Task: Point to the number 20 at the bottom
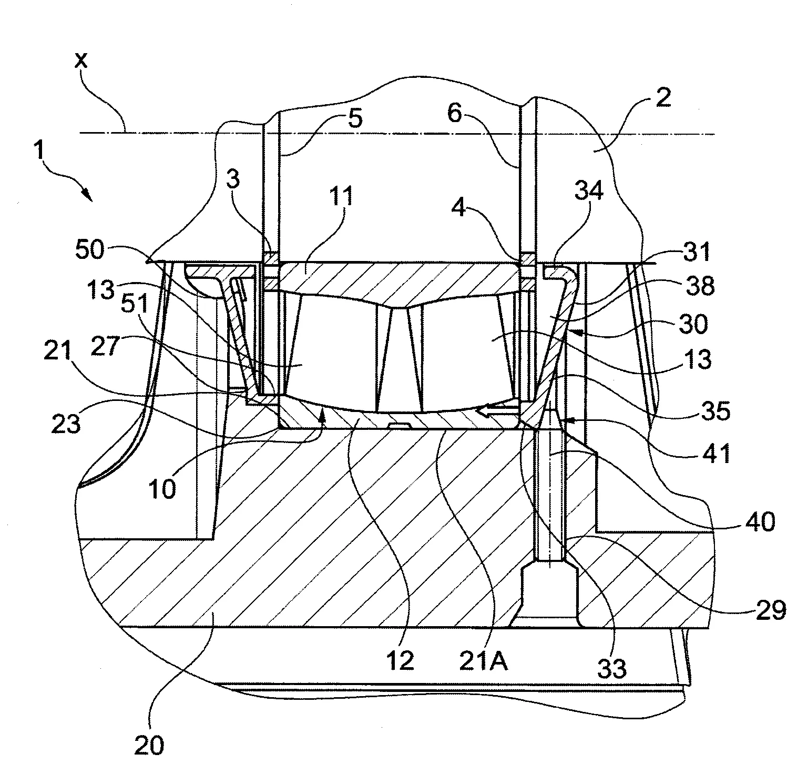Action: [150, 746]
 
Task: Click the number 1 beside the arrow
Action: [38, 154]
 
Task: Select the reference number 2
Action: [663, 98]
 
